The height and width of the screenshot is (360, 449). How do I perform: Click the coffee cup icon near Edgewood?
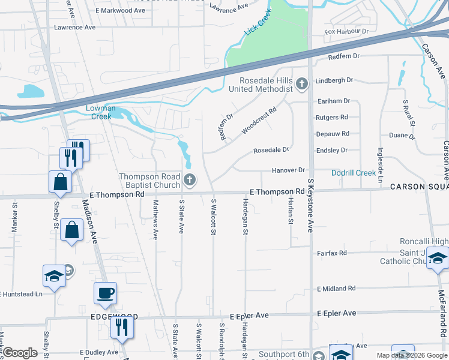(x=105, y=293)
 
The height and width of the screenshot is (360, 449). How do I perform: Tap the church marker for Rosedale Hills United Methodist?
(x=302, y=84)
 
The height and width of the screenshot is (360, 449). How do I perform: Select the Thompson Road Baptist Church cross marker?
(x=190, y=179)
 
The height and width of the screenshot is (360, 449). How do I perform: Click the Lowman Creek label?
(x=100, y=112)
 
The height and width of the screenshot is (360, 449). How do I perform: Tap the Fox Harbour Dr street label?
(x=346, y=31)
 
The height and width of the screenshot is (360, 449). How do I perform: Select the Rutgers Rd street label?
(x=332, y=117)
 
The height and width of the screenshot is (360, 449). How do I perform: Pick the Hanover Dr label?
(x=289, y=170)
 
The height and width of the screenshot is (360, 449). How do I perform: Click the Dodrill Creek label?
(x=354, y=173)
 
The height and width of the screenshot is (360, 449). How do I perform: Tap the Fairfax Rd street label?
(x=332, y=253)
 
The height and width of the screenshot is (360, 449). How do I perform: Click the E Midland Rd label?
(x=336, y=289)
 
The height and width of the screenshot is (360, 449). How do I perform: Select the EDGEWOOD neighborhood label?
(x=115, y=316)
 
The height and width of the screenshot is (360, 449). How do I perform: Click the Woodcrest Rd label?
(x=259, y=121)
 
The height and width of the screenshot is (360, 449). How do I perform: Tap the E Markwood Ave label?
(x=120, y=11)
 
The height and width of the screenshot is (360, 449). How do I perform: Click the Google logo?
(x=20, y=353)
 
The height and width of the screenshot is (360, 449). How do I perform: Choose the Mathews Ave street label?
(x=155, y=220)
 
